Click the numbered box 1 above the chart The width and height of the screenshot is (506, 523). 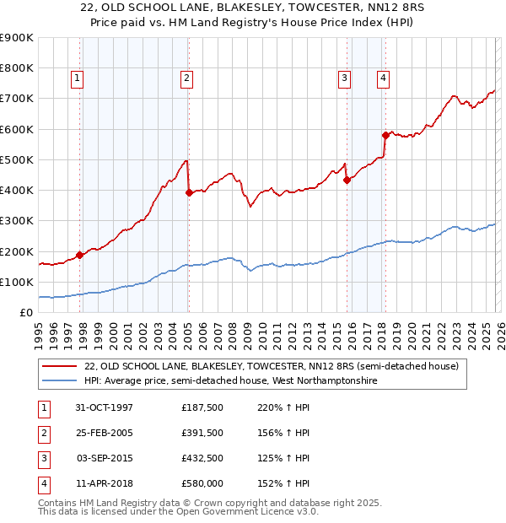tap(77, 78)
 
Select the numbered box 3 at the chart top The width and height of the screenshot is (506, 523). tap(344, 78)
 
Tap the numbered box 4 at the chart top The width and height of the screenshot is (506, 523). tap(383, 78)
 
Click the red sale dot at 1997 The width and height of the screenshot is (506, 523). tap(80, 255)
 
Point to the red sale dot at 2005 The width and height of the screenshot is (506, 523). tap(189, 192)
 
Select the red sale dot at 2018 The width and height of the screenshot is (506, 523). tap(385, 135)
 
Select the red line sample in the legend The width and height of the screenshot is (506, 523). tap(60, 366)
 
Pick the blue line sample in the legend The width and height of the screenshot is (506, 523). tap(60, 380)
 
